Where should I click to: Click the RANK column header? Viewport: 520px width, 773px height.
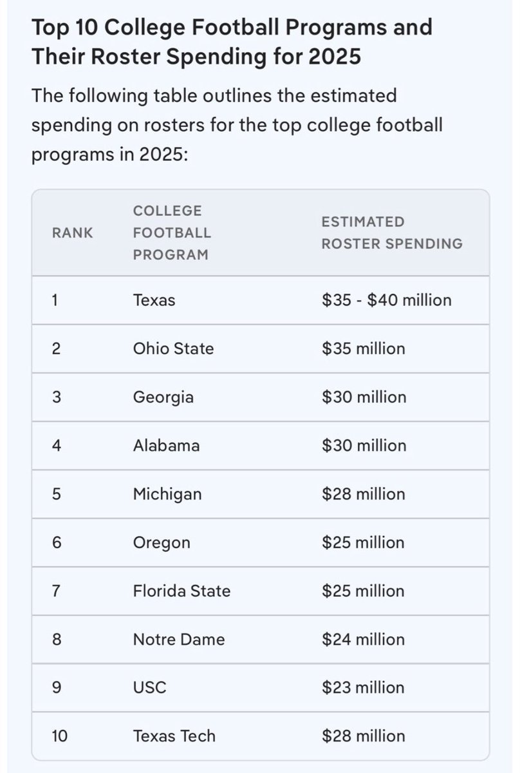tap(72, 233)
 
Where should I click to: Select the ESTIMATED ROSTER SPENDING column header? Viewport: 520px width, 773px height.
tap(391, 233)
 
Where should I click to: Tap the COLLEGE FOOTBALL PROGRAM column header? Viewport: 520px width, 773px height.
tap(171, 233)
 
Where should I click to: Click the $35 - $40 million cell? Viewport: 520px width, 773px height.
tap(386, 300)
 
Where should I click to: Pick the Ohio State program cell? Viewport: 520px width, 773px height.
tap(173, 348)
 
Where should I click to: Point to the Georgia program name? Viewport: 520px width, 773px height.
tap(163, 397)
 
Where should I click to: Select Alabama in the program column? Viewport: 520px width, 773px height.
tap(166, 446)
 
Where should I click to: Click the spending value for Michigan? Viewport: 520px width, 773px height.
tap(363, 494)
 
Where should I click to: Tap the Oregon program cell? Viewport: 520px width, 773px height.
tap(162, 542)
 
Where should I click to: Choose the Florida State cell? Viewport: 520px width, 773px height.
tap(181, 591)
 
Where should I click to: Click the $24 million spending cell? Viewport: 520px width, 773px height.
tap(363, 640)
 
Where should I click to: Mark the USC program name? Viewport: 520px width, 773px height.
tap(149, 688)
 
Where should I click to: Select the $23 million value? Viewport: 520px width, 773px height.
tap(363, 688)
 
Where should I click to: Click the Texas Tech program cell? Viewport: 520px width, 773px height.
tap(174, 736)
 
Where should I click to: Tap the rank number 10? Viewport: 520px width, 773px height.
tap(59, 736)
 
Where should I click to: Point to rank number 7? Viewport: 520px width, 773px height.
tap(57, 591)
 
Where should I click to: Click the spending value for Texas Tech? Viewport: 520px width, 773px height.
tap(363, 736)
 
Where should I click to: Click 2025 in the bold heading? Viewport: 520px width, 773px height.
tap(334, 57)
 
